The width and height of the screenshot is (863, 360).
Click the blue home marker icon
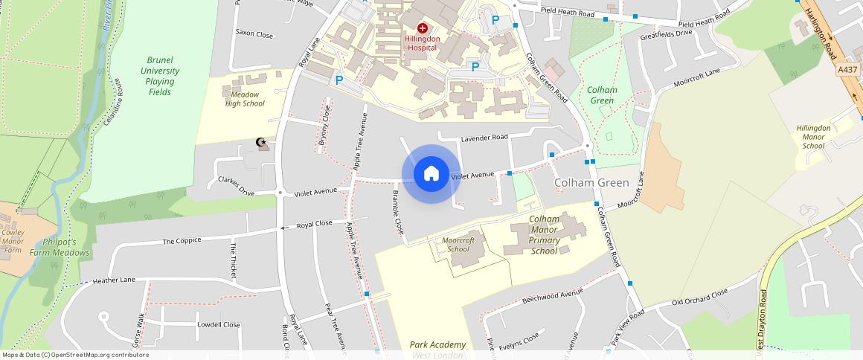431,174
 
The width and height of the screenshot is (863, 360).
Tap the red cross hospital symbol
423,28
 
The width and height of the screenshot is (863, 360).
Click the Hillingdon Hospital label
423,43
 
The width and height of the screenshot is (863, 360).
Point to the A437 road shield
847,69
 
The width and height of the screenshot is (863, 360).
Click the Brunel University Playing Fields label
160,76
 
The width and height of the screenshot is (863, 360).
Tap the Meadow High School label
245,99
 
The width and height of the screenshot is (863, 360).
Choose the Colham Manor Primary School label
545,235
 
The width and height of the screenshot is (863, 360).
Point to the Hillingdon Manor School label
813,137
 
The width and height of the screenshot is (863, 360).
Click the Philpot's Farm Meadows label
60,247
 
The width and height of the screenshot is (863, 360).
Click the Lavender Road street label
484,138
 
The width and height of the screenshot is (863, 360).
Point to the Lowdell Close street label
219,325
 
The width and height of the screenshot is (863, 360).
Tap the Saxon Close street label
254,34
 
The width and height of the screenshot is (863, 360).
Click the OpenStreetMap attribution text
75,355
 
